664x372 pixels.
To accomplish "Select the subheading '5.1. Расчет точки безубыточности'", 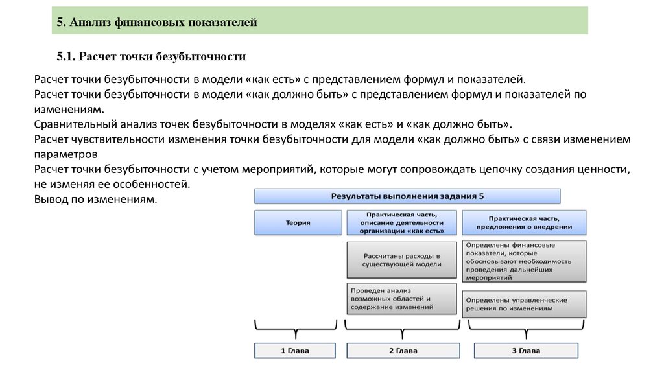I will click(150, 56).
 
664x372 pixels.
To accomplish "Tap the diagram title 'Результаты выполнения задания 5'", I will click(407, 196).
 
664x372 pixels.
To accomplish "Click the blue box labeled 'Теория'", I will click(298, 222).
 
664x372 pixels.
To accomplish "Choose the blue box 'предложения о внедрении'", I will click(524, 222).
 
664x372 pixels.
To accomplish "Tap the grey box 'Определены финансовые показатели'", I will click(524, 261).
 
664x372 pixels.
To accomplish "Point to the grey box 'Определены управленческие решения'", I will click(524, 304).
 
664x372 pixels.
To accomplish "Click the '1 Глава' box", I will click(294, 351).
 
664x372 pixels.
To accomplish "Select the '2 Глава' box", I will click(403, 351).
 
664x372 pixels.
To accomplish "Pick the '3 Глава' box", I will click(525, 351).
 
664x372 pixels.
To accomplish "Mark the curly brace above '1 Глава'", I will click(295, 329).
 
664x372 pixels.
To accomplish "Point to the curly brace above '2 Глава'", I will click(403, 329).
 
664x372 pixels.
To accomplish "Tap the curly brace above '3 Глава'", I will click(525, 329).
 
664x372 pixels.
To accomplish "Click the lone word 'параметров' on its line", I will click(65, 155).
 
